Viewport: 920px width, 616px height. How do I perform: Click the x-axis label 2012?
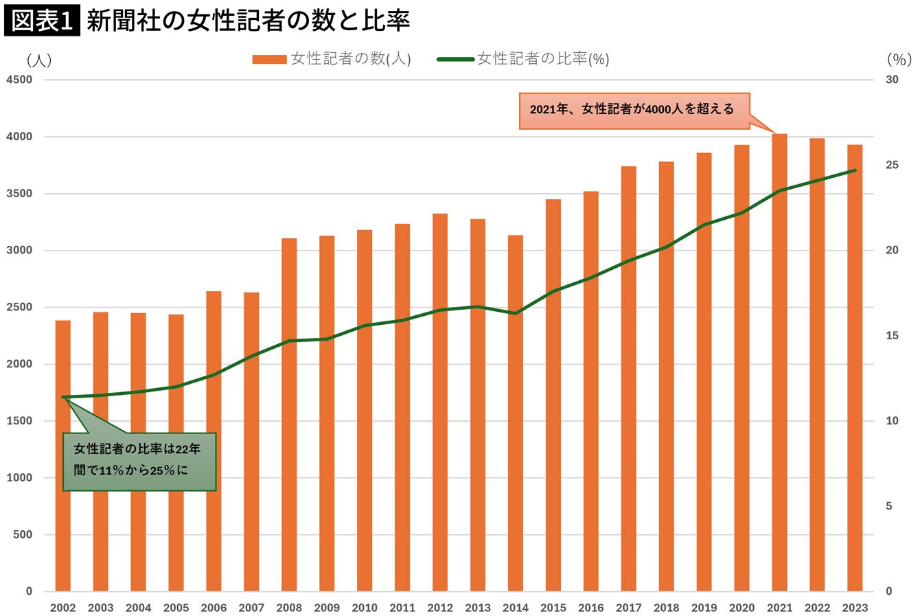pos(440,608)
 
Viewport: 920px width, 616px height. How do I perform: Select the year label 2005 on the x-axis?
pos(176,608)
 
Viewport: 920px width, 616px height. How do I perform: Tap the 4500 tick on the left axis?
pos(19,80)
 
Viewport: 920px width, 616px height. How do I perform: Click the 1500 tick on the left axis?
pos(19,421)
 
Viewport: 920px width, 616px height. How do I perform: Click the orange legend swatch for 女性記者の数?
pos(268,60)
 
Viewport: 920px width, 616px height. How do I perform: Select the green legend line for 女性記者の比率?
pos(455,60)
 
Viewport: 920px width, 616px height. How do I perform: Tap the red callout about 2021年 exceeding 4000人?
pos(632,110)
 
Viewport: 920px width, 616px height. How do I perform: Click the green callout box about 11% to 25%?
pos(139,461)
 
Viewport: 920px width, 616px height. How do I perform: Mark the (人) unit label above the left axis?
pos(39,60)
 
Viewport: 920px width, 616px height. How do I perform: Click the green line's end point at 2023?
pos(854,170)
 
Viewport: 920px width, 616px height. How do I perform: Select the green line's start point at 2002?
pos(64,397)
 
